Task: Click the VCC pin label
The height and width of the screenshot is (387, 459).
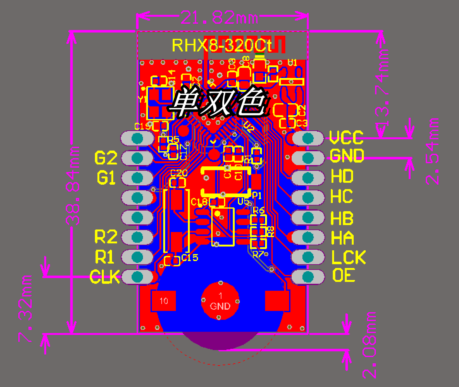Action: [346, 138]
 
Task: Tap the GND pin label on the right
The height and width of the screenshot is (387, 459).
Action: [347, 156]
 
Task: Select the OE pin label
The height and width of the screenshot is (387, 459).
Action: [344, 276]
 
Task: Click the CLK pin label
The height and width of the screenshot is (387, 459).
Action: [105, 277]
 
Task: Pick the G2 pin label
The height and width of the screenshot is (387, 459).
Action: [106, 158]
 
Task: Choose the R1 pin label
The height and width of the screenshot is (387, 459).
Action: [105, 257]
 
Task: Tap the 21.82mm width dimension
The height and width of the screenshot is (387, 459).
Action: [219, 18]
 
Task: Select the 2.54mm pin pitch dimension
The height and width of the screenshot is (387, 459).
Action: [432, 152]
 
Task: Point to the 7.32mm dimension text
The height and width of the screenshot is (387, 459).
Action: [25, 309]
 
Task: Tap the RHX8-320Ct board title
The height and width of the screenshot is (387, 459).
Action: [221, 45]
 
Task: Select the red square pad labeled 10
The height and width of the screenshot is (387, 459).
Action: [164, 301]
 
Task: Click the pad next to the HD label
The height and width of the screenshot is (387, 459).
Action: [307, 178]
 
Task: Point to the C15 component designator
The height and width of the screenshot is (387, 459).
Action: [190, 258]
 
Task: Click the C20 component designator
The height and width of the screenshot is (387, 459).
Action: [179, 173]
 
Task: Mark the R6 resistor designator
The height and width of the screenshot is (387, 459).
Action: [258, 210]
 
